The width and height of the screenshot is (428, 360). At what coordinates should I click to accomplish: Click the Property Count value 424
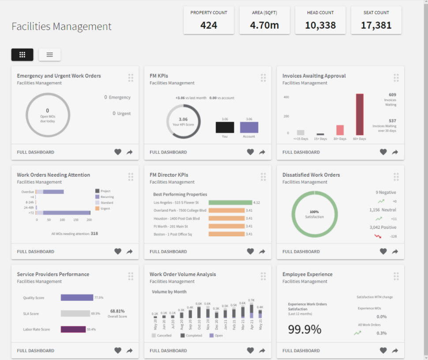coord(209,25)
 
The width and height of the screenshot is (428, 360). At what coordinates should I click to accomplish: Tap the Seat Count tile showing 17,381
coord(376,20)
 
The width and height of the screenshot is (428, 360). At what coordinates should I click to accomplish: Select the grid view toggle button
coord(23,55)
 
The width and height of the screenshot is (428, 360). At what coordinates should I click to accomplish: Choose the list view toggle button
coord(49,55)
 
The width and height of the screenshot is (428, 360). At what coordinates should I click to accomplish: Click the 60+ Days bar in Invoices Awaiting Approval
coord(360,115)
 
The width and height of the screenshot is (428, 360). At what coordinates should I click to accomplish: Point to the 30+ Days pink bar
coord(340,130)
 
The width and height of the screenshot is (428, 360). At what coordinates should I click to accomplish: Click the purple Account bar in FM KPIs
coord(249,128)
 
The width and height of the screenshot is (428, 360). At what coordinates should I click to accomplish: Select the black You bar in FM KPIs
coord(225,128)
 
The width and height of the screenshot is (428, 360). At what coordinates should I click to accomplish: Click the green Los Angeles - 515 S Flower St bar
coord(230,202)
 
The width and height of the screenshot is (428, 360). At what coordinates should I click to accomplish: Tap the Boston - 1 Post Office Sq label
coord(173,234)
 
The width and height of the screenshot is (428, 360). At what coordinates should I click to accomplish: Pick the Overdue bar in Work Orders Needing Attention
coord(49,192)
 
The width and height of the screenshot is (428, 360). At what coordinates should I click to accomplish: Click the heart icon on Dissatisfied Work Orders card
coord(383,251)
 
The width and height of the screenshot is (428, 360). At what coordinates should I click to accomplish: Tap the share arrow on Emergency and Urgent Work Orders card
coord(129,152)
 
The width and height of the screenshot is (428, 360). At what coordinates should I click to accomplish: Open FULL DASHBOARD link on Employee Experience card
coord(301,351)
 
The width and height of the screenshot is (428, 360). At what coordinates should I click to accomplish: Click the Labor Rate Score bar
coord(73,329)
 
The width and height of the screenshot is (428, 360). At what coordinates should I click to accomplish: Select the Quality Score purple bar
coord(77,298)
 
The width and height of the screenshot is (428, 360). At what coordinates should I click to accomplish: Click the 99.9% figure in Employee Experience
coord(304,329)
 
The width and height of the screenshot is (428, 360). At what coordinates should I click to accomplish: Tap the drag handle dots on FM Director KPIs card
coord(263,177)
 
